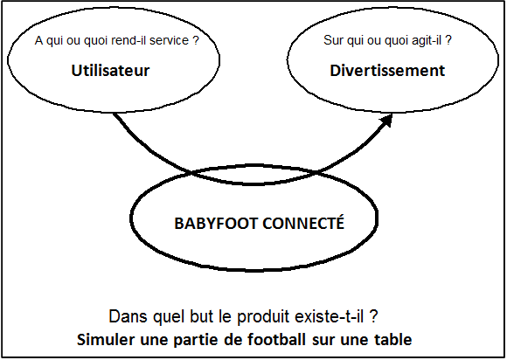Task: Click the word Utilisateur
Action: (110, 71)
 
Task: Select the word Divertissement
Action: (387, 71)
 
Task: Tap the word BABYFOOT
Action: (216, 224)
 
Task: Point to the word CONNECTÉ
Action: (303, 223)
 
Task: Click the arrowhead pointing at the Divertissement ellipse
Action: (386, 121)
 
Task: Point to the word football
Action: (276, 340)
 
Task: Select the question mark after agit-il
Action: (448, 40)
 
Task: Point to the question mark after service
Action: (195, 40)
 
